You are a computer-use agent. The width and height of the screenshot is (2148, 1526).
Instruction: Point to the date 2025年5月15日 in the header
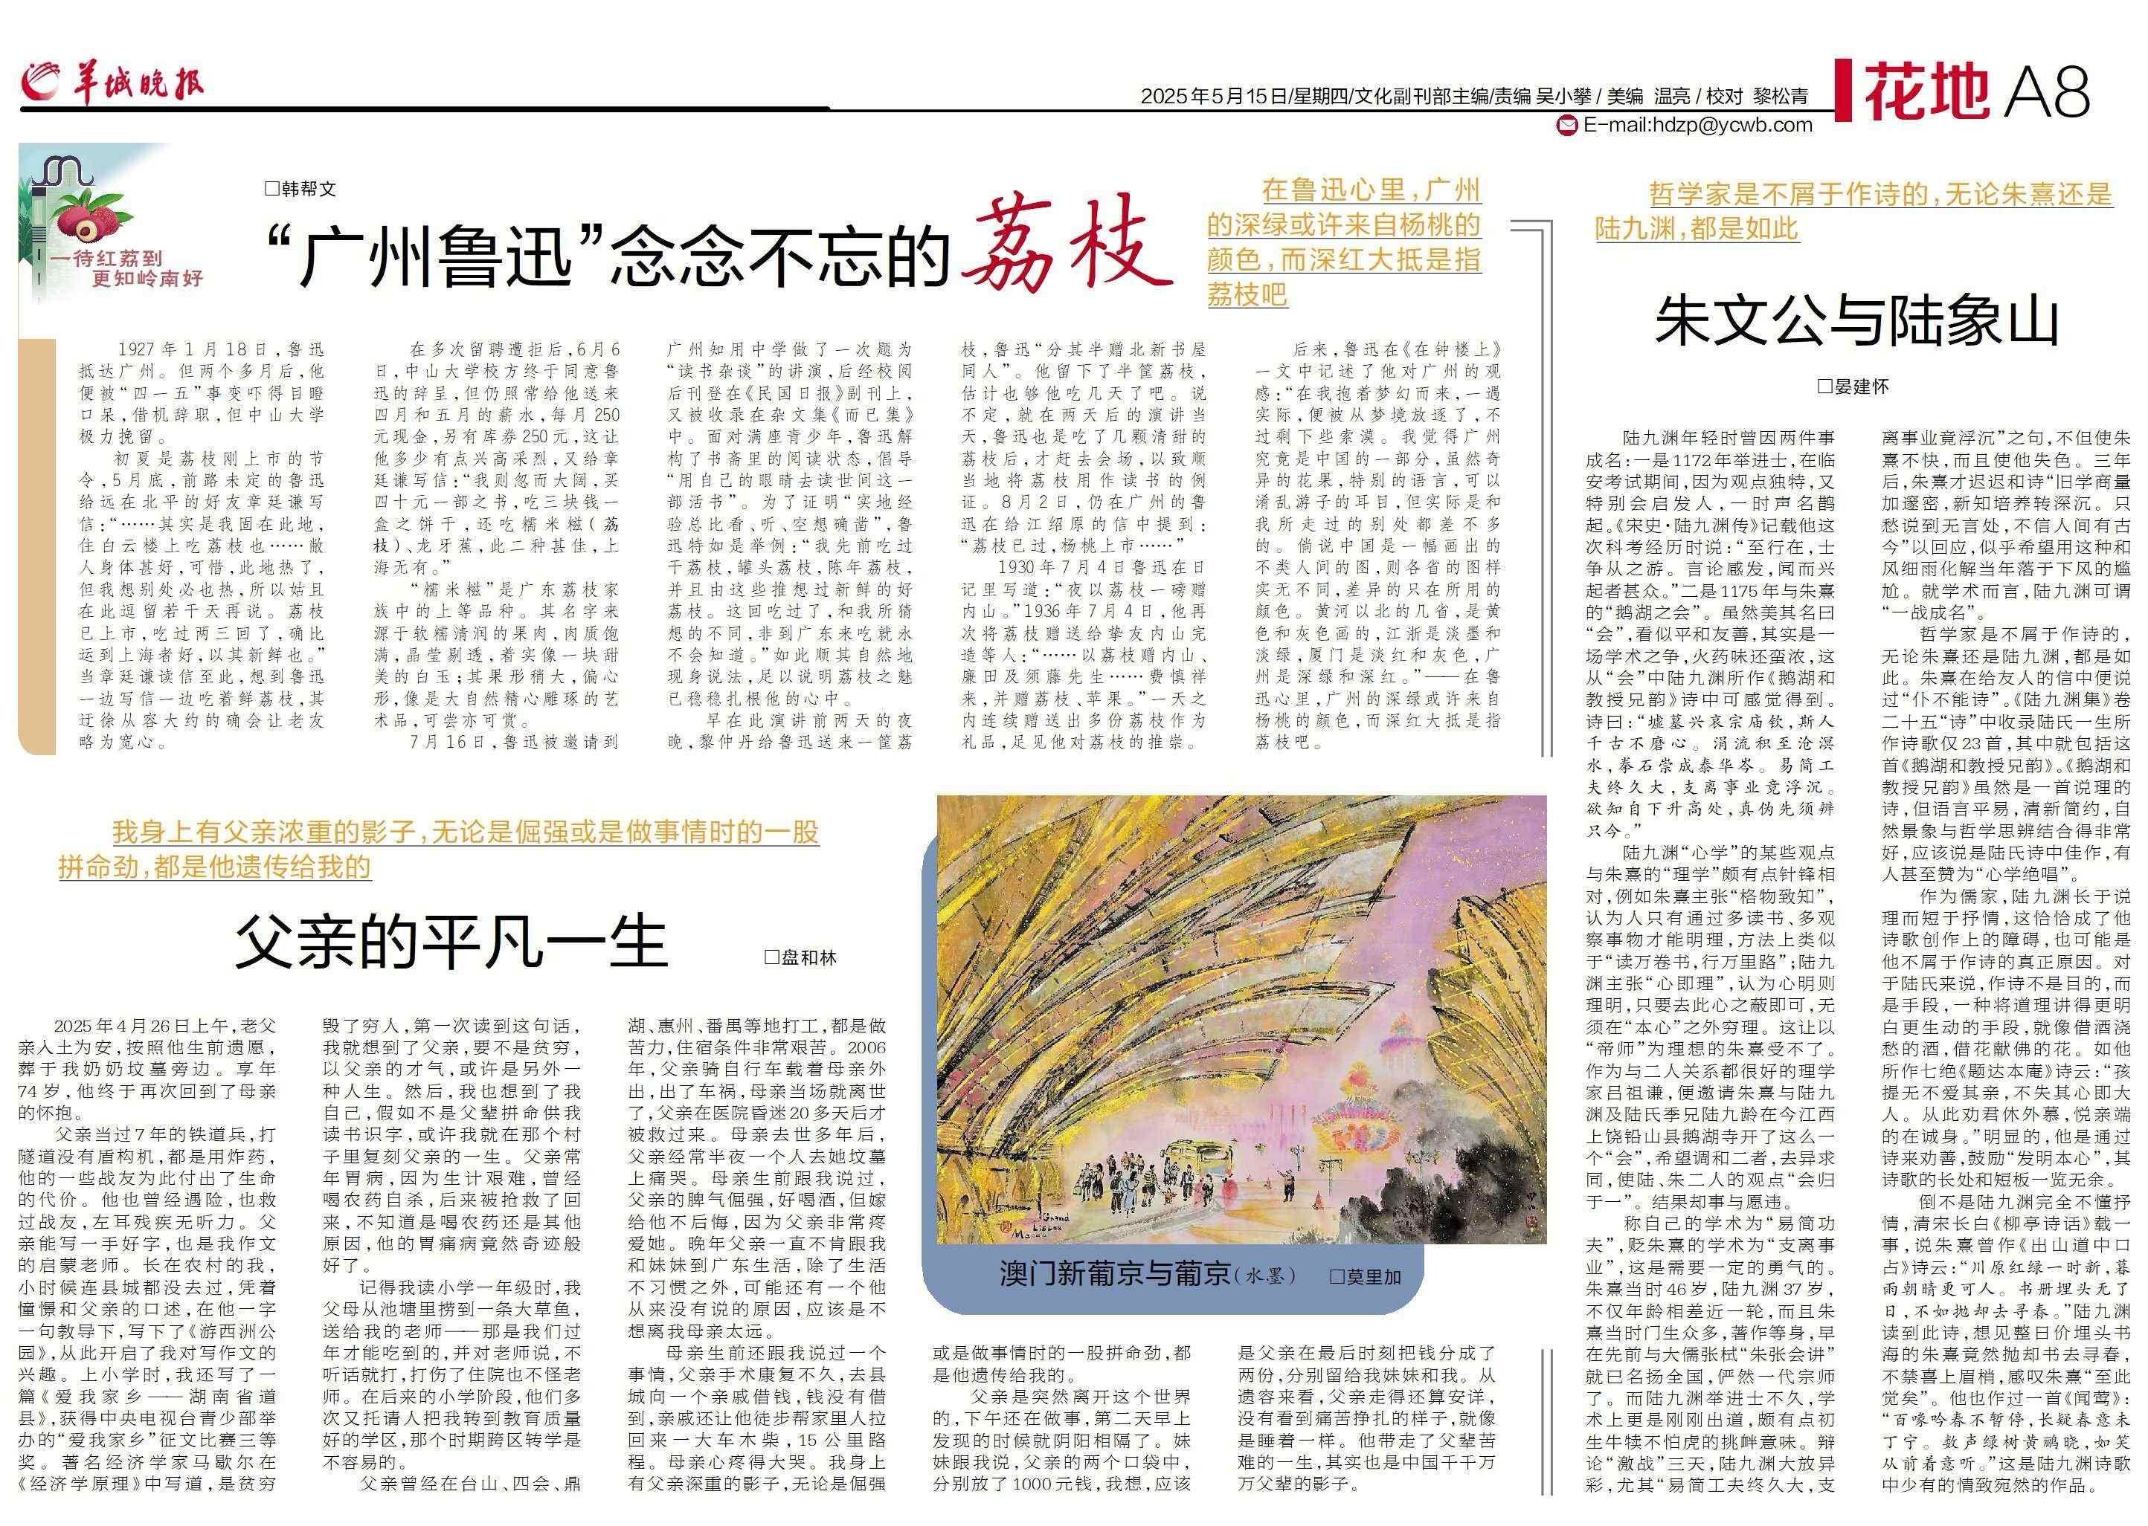[1212, 96]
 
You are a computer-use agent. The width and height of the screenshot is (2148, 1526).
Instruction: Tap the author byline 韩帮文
[300, 189]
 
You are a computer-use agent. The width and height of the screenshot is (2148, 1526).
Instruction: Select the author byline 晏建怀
[1853, 387]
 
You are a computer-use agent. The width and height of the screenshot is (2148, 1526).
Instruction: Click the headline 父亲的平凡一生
[451, 943]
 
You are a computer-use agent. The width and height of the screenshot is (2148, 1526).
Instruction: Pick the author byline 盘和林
[800, 957]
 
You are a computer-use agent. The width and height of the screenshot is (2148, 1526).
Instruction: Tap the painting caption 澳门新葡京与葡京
[1115, 1274]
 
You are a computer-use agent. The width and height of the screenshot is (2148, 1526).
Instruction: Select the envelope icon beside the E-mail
[1567, 125]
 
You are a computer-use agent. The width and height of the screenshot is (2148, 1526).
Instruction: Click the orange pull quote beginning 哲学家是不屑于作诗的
[1853, 210]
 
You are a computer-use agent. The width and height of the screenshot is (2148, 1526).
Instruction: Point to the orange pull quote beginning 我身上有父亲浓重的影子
[438, 849]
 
